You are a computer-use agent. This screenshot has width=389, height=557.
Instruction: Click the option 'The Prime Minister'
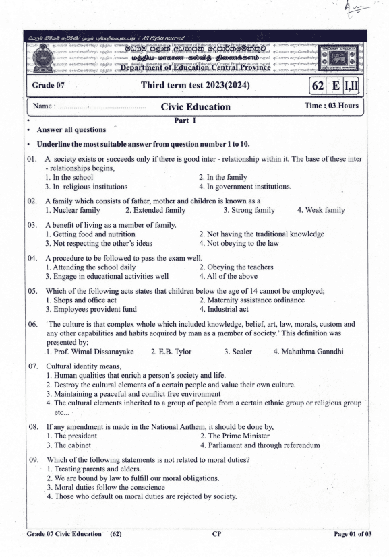(234, 435)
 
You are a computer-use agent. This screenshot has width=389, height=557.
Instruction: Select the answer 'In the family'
(225, 176)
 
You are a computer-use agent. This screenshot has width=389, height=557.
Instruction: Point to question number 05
(32, 291)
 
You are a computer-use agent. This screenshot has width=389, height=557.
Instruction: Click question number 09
(32, 459)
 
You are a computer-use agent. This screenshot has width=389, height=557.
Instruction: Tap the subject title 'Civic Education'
(196, 106)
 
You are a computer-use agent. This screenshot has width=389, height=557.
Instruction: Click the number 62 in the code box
(318, 86)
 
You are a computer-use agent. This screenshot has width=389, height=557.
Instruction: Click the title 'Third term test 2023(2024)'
(196, 86)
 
